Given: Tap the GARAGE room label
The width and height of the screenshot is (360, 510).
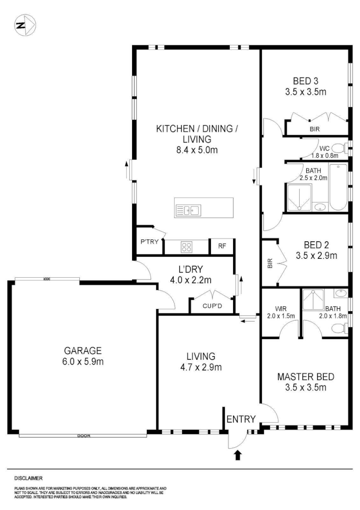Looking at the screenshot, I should (83, 351).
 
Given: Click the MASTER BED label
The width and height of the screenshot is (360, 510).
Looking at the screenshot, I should (306, 377).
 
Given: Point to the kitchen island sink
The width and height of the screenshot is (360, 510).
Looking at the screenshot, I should (193, 210).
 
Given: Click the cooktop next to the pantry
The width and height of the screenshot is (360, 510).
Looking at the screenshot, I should (186, 246).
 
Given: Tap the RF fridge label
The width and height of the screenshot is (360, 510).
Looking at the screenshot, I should (222, 246).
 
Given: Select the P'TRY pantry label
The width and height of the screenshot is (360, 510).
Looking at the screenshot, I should (148, 242).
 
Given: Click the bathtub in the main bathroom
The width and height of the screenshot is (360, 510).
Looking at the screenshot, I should (338, 187).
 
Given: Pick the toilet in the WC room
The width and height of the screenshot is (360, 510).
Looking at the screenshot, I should (339, 147).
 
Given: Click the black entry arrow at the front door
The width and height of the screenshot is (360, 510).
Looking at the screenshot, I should (238, 455).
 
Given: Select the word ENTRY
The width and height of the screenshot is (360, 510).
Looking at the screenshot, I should (241, 419).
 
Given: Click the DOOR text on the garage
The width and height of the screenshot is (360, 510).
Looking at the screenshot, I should (84, 435).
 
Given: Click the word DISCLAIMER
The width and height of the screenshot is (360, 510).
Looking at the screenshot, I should (29, 478).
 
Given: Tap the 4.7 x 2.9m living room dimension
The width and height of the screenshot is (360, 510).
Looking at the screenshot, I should (201, 367).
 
